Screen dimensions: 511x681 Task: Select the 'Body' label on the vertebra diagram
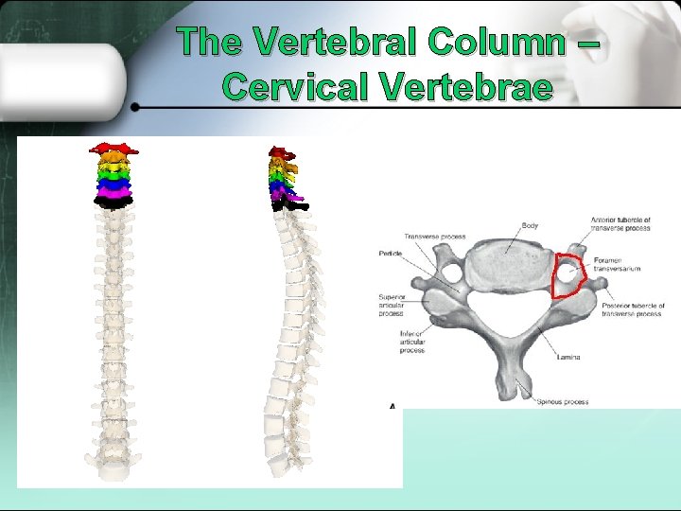pyautogui.click(x=530, y=226)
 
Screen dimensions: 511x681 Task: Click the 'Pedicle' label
pyautogui.click(x=391, y=254)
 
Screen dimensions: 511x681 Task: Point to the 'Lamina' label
pyautogui.click(x=568, y=357)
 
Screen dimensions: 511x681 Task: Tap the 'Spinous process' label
pyautogui.click(x=563, y=402)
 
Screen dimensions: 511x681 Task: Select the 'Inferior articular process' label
pyautogui.click(x=411, y=342)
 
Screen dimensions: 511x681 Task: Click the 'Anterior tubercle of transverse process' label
pyautogui.click(x=620, y=223)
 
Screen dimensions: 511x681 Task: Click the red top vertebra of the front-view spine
pyautogui.click(x=113, y=149)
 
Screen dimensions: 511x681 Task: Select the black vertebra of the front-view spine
pyautogui.click(x=114, y=202)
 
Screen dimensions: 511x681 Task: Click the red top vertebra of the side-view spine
pyautogui.click(x=280, y=152)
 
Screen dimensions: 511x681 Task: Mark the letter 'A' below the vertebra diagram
pyautogui.click(x=392, y=406)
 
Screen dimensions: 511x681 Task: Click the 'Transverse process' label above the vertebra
pyautogui.click(x=434, y=236)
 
